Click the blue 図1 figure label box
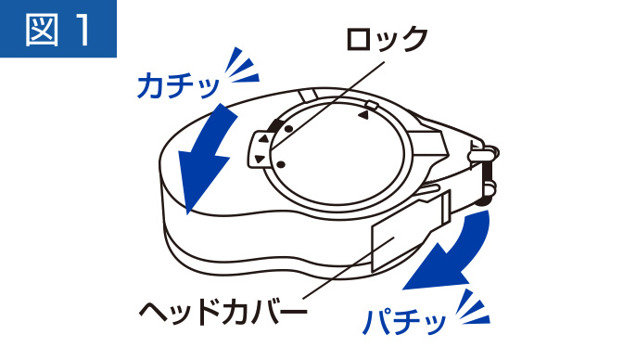click(58, 29)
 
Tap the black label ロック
click(387, 39)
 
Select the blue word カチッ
click(178, 85)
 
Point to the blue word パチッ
click(403, 322)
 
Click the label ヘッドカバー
click(223, 313)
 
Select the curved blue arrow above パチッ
click(451, 251)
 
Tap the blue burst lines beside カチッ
click(242, 66)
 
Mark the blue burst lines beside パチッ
click(474, 307)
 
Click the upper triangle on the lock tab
click(263, 139)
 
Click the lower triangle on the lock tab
click(260, 159)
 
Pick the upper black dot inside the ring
click(289, 129)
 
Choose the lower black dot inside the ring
click(281, 164)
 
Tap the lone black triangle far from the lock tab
click(363, 116)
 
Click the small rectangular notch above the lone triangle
click(371, 106)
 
